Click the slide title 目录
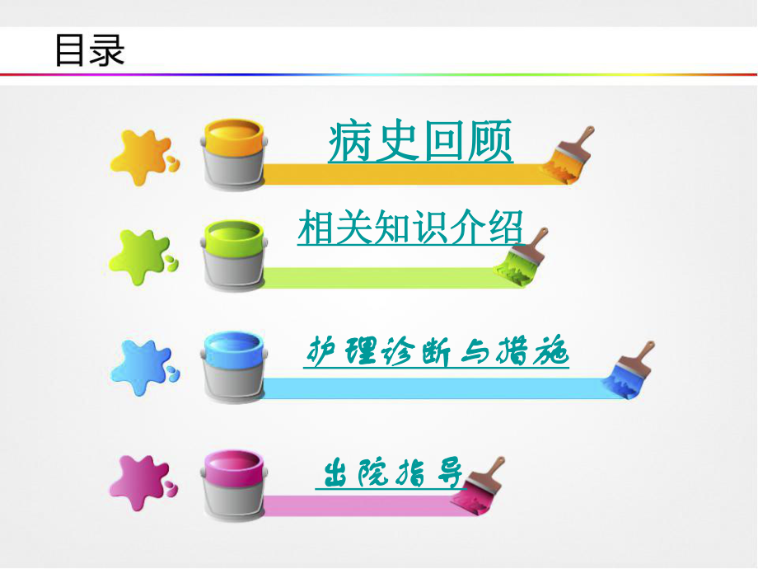tap(89, 49)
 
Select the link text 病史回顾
tap(420, 142)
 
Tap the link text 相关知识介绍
tap(409, 227)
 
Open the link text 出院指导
tap(391, 475)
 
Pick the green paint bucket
tap(233, 252)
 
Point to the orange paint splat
tap(142, 153)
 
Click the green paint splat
tap(142, 256)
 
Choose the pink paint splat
tap(142, 480)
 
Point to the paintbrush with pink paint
tap(484, 480)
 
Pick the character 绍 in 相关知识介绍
tap(505, 227)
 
